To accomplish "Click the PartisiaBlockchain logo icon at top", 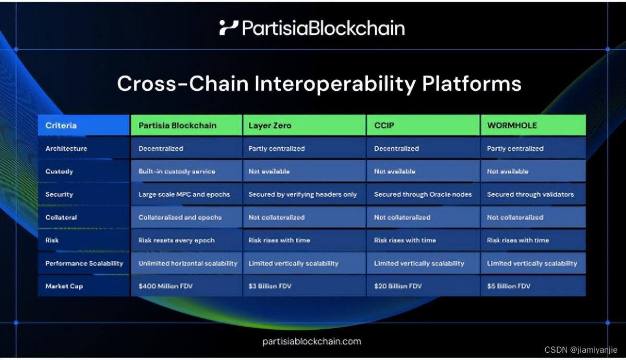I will pyautogui.click(x=228, y=28).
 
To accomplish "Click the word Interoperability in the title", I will pyautogui.click(x=335, y=84).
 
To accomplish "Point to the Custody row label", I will pyautogui.click(x=59, y=171).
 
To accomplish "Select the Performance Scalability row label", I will pyautogui.click(x=84, y=263).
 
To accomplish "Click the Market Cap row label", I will pyautogui.click(x=64, y=286).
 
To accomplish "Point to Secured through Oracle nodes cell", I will pyautogui.click(x=423, y=194).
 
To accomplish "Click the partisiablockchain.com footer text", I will pyautogui.click(x=311, y=342).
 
